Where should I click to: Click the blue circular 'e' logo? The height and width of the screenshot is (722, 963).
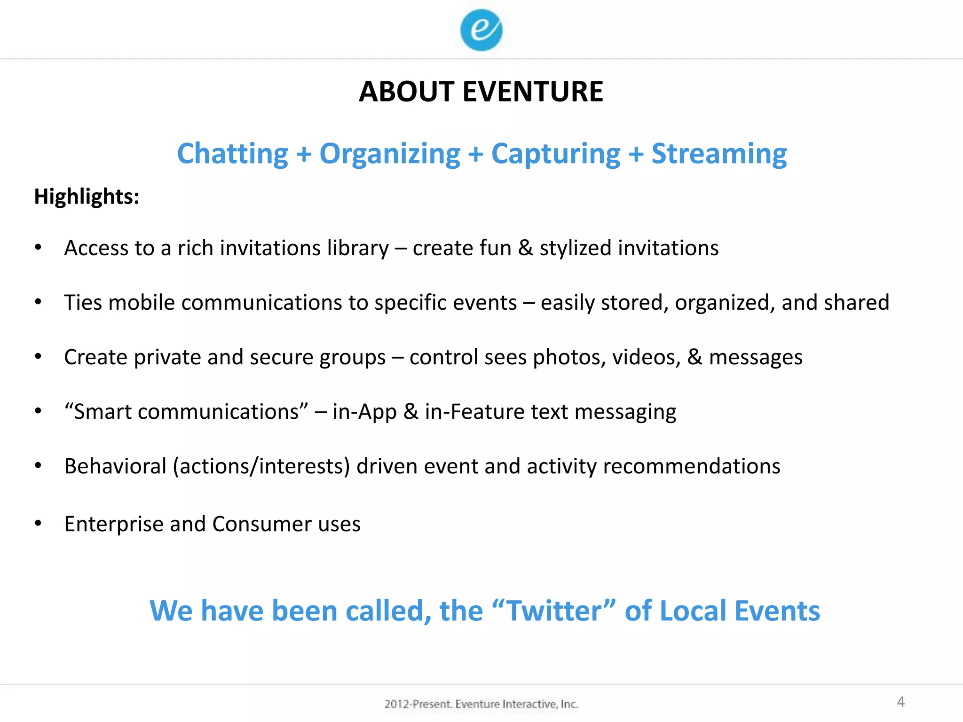(481, 30)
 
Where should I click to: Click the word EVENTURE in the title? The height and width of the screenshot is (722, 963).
(533, 91)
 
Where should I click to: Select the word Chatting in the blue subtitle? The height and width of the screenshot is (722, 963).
(232, 154)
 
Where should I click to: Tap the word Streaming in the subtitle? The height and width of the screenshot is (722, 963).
(719, 154)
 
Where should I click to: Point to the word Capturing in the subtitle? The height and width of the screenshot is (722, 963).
(556, 154)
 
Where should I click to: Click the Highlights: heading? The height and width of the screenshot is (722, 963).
(87, 196)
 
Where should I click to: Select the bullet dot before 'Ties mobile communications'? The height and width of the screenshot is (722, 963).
(38, 302)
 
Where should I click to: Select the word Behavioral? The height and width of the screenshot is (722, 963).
(115, 466)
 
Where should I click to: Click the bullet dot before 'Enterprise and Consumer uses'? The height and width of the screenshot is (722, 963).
(38, 523)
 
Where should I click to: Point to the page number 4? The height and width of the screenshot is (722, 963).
(900, 702)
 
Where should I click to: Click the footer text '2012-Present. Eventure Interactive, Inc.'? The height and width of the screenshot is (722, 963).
(481, 704)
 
